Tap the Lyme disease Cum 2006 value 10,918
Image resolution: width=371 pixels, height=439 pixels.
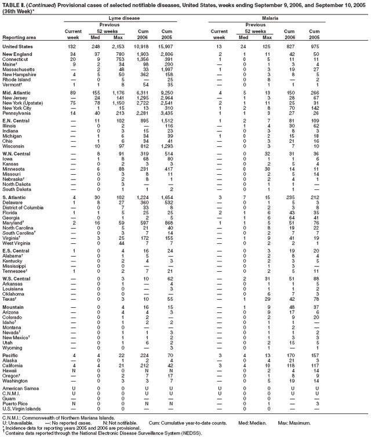[137, 46]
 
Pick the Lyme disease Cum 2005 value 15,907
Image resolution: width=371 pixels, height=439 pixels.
[166, 46]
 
